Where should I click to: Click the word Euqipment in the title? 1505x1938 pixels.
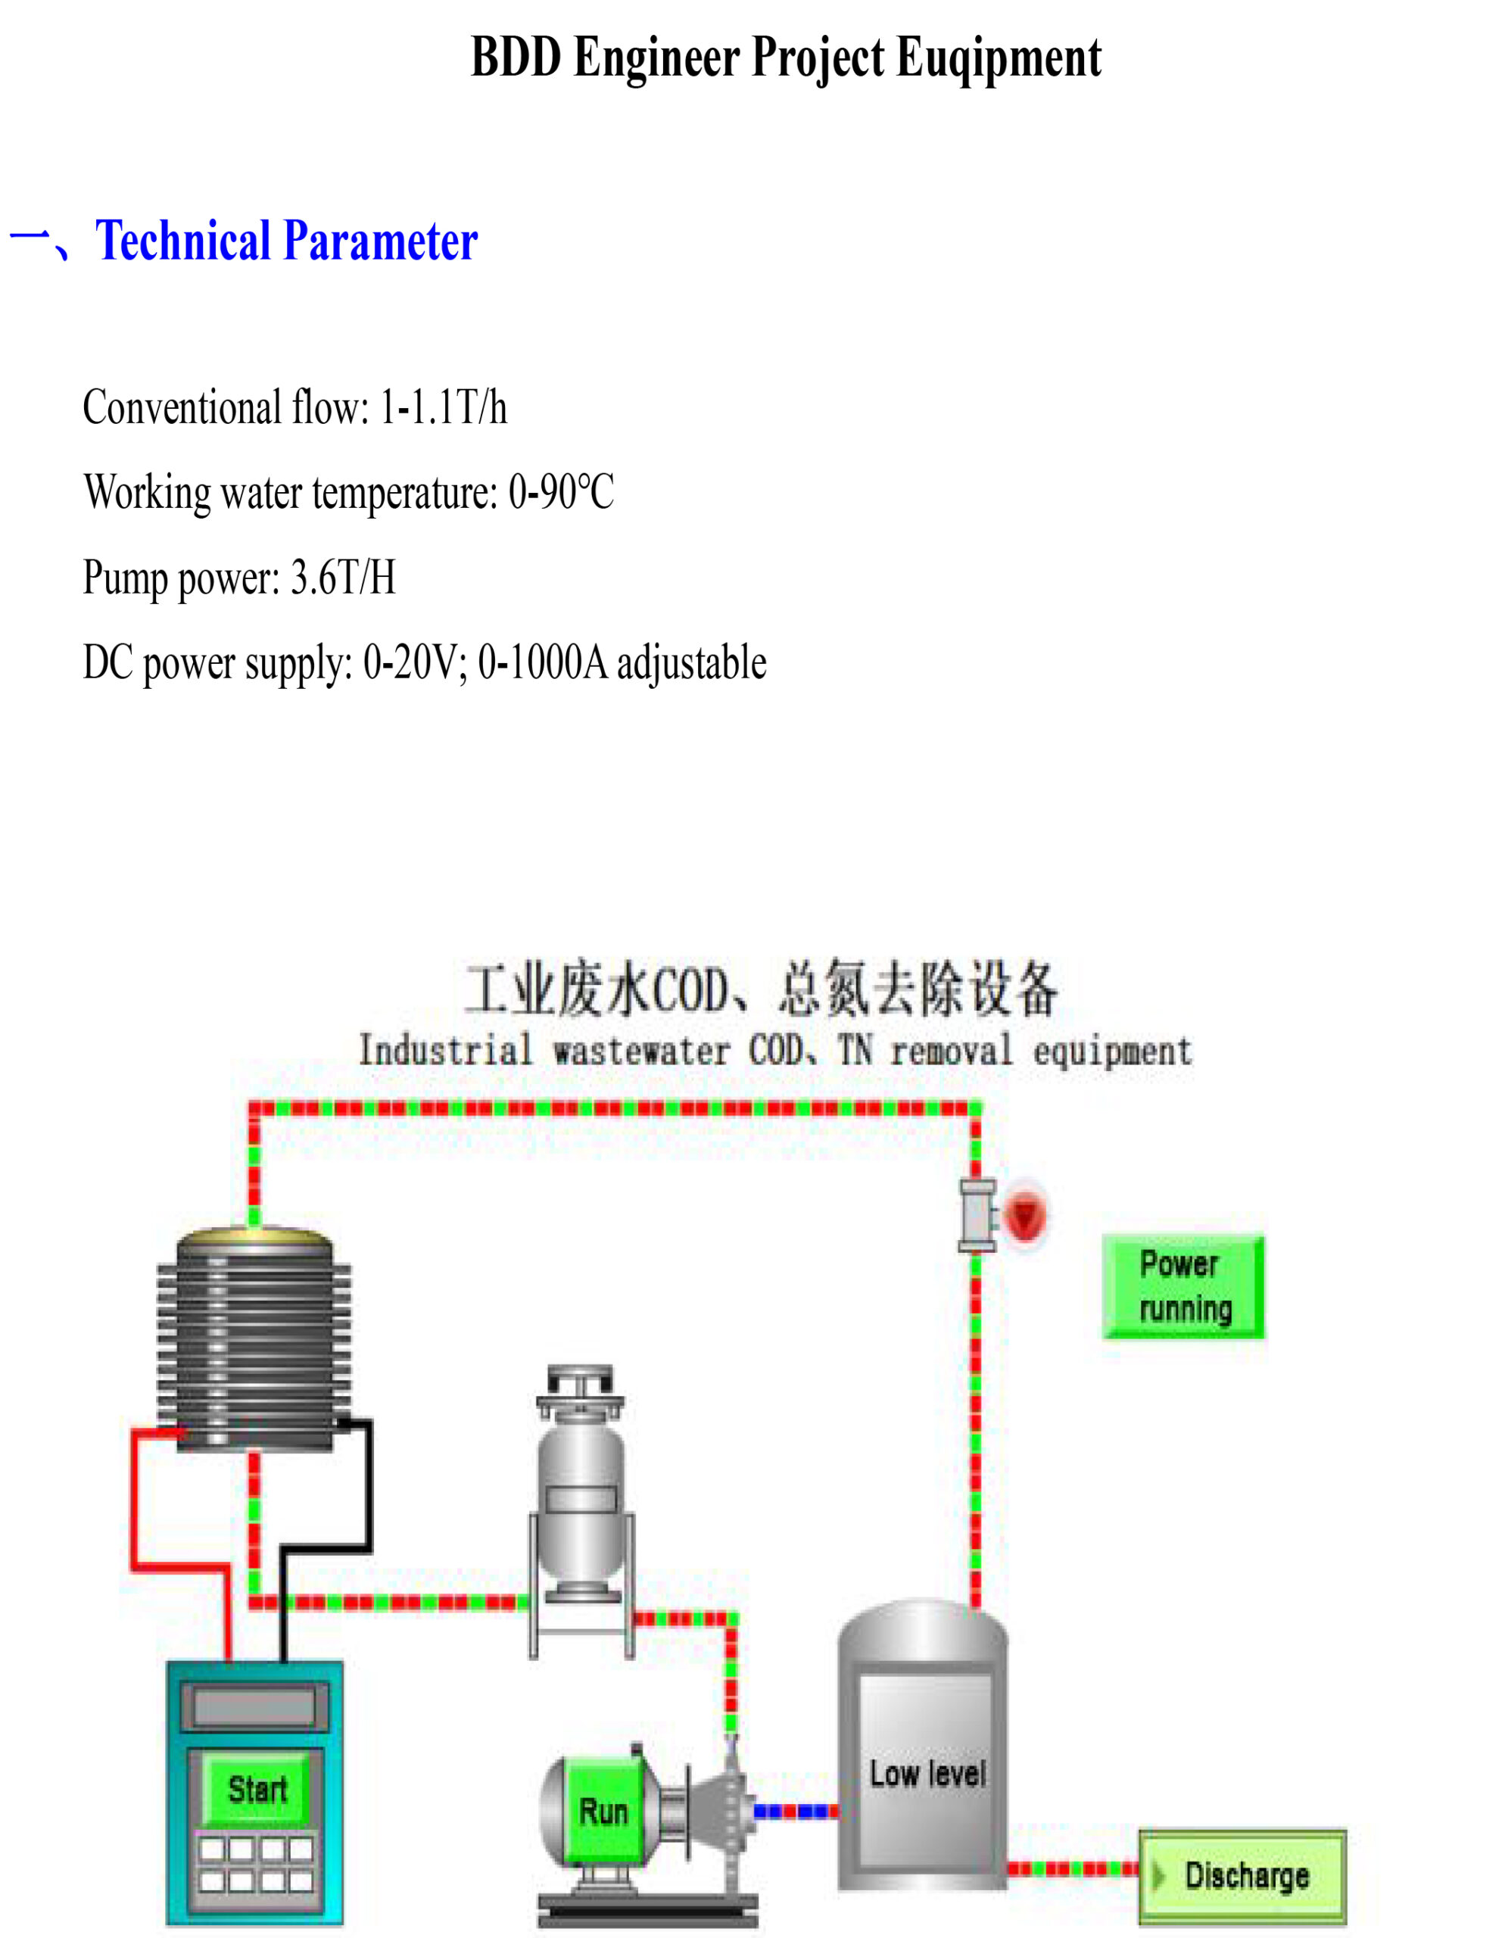999,58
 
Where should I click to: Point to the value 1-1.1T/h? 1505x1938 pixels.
444,408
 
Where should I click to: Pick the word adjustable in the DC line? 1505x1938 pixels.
691,663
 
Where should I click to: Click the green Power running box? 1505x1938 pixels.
1183,1287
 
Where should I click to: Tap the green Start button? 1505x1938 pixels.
257,1789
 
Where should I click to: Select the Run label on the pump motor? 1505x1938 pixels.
603,1811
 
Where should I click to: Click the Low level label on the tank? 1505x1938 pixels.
927,1774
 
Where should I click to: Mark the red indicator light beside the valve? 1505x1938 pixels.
1026,1215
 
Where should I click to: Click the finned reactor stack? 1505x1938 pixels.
254,1339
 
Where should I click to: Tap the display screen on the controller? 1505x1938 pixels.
254,1706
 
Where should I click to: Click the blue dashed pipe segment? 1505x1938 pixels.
796,1811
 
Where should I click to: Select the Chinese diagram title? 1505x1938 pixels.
762,989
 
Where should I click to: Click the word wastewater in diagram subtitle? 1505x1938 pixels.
641,1052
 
